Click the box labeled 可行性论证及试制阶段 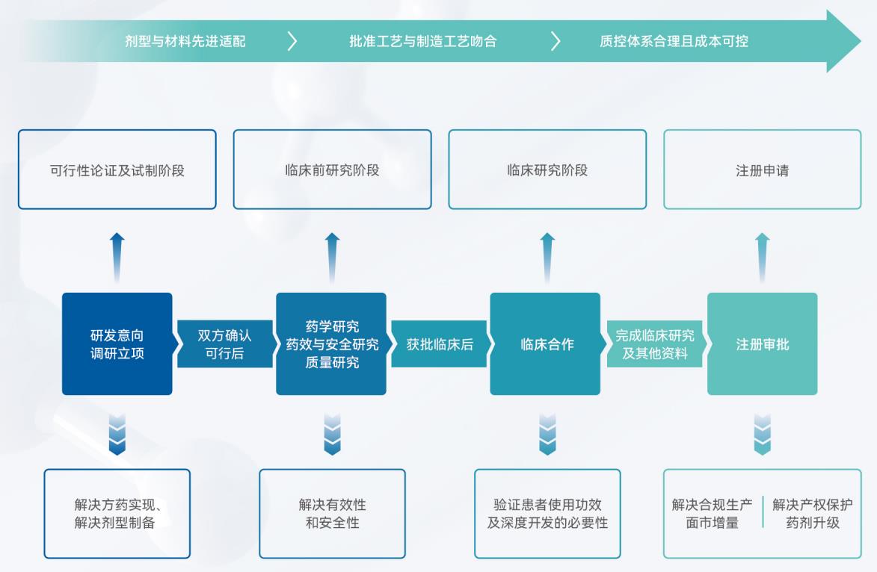pyautogui.click(x=117, y=170)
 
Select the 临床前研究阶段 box pyautogui.click(x=332, y=170)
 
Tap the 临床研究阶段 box pyautogui.click(x=547, y=170)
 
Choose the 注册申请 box pyautogui.click(x=762, y=170)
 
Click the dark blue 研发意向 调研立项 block pyautogui.click(x=117, y=343)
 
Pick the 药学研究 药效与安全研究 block pyautogui.click(x=331, y=343)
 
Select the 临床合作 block pyautogui.click(x=545, y=343)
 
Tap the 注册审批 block pyautogui.click(x=762, y=343)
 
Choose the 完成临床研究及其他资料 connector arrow pyautogui.click(x=654, y=344)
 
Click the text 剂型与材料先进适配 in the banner pyautogui.click(x=185, y=41)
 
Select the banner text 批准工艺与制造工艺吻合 pyautogui.click(x=422, y=41)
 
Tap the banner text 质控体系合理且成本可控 pyautogui.click(x=674, y=41)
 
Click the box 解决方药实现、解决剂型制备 pyautogui.click(x=117, y=513)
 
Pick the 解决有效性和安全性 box pyautogui.click(x=332, y=513)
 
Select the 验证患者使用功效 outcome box pyautogui.click(x=547, y=513)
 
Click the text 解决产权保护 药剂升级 pyautogui.click(x=812, y=513)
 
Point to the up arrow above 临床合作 pyautogui.click(x=547, y=257)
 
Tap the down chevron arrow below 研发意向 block pyautogui.click(x=117, y=434)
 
